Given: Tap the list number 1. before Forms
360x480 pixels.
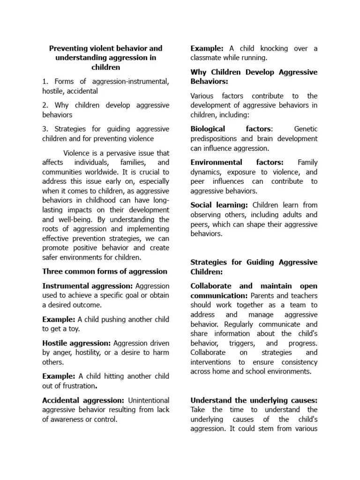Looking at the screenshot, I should coord(45,82).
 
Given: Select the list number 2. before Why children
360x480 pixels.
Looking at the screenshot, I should coord(45,105).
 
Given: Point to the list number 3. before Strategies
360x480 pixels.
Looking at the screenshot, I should coord(45,129).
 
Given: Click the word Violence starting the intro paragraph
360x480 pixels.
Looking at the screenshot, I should coord(77,153).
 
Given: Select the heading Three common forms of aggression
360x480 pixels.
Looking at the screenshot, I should coord(105,271).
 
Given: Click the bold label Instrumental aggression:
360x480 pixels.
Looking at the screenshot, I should coord(88,286).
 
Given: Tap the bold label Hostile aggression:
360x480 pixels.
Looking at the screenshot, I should coord(77,343).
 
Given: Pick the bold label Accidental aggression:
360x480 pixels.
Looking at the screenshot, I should coord(83,400).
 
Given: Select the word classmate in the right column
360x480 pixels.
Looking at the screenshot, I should coord(210,58).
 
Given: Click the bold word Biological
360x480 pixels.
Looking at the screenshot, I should coord(208,129).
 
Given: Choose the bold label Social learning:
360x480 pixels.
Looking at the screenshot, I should coord(219,205).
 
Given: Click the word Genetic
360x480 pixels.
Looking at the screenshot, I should coord(306,129).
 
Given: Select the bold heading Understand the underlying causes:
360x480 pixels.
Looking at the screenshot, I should coord(254,400).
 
